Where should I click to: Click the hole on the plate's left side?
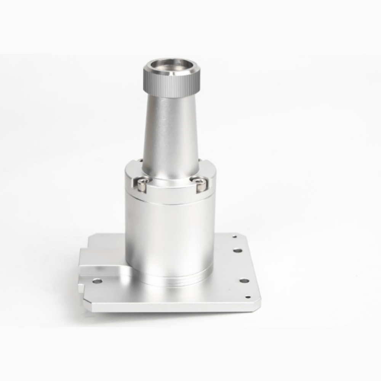[x=97, y=281]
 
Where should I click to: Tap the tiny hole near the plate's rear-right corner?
[x=235, y=237]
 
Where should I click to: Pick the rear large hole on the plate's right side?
[x=238, y=250]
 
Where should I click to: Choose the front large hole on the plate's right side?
[x=244, y=281]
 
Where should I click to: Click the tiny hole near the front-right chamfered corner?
[x=248, y=297]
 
